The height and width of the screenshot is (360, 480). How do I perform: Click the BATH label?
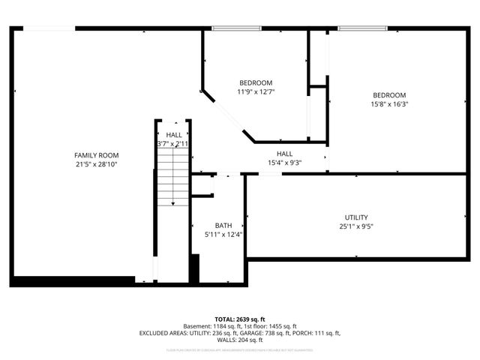[x=223, y=225]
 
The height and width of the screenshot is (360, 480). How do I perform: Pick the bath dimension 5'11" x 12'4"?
[x=223, y=235]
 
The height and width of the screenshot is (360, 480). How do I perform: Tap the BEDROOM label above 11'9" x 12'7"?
[x=256, y=82]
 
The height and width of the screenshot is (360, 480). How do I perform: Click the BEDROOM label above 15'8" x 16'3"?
[x=390, y=94]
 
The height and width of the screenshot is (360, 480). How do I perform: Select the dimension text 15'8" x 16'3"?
[x=390, y=104]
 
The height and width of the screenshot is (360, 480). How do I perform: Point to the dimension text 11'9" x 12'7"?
[x=256, y=92]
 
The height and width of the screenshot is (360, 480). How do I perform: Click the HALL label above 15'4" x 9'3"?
[x=284, y=153]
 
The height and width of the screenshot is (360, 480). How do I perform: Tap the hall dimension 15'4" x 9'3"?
[x=284, y=163]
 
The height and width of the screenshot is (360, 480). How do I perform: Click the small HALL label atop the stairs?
[x=173, y=134]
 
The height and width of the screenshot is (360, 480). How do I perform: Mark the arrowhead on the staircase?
[x=173, y=202]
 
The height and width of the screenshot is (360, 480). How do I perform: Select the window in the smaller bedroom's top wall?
[x=236, y=28]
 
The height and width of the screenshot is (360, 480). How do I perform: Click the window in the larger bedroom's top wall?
[x=363, y=28]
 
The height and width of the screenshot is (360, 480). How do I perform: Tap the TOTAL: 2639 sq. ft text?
[x=241, y=319]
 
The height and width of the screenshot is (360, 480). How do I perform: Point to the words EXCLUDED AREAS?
[x=160, y=333]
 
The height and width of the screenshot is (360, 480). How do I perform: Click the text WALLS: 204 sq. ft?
[x=240, y=340]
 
